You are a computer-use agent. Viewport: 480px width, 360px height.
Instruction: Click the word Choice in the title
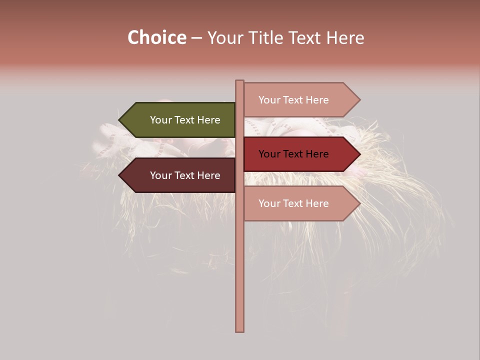(156, 37)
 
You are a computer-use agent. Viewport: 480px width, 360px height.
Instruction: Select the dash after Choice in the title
(196, 38)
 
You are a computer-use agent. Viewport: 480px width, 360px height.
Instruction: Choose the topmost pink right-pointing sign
(295, 100)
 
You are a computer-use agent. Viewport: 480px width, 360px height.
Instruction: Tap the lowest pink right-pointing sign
(295, 203)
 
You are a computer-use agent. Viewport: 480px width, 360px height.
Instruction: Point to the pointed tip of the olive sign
(120, 120)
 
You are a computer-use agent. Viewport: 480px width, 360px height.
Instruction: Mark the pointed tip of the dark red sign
(359, 154)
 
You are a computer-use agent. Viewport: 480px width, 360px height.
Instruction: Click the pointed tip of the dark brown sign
(120, 175)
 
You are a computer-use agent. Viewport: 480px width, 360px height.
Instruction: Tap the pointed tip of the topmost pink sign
(359, 100)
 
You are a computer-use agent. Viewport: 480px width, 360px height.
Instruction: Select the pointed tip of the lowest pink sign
(359, 203)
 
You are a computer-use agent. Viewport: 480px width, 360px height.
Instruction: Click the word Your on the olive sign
(160, 120)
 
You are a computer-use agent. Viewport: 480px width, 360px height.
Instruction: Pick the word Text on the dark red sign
(293, 154)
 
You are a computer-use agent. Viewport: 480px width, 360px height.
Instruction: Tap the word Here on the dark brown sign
(208, 175)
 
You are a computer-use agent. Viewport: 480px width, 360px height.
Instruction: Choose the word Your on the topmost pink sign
(269, 100)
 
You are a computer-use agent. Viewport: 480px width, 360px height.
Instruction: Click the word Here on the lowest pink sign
(317, 203)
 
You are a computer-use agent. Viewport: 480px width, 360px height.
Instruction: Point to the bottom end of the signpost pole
(240, 330)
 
